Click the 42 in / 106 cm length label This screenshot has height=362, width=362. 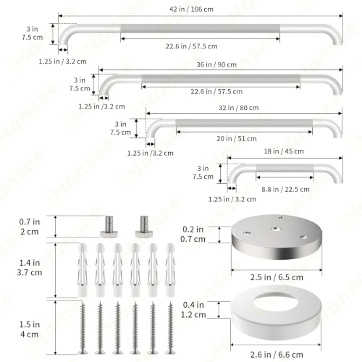[x=191, y=9]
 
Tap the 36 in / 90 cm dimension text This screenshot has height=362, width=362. [x=216, y=64]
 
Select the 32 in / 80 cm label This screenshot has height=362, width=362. [x=239, y=108]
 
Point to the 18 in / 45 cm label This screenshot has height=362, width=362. [x=284, y=151]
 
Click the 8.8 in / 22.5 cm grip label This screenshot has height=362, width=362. [x=285, y=189]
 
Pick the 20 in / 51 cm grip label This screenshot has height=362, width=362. [x=237, y=139]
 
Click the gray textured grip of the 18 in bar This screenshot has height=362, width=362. [x=285, y=168]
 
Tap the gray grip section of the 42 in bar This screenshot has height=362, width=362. [x=201, y=28]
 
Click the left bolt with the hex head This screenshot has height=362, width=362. [x=109, y=227]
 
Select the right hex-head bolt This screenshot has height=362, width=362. [x=144, y=227]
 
